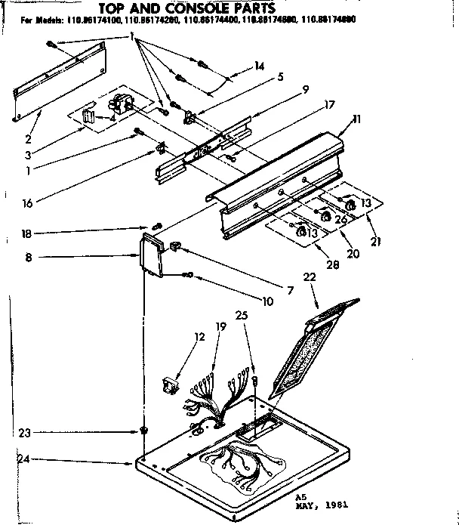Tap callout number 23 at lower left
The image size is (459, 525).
click(x=25, y=433)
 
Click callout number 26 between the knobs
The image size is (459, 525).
click(x=340, y=219)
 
